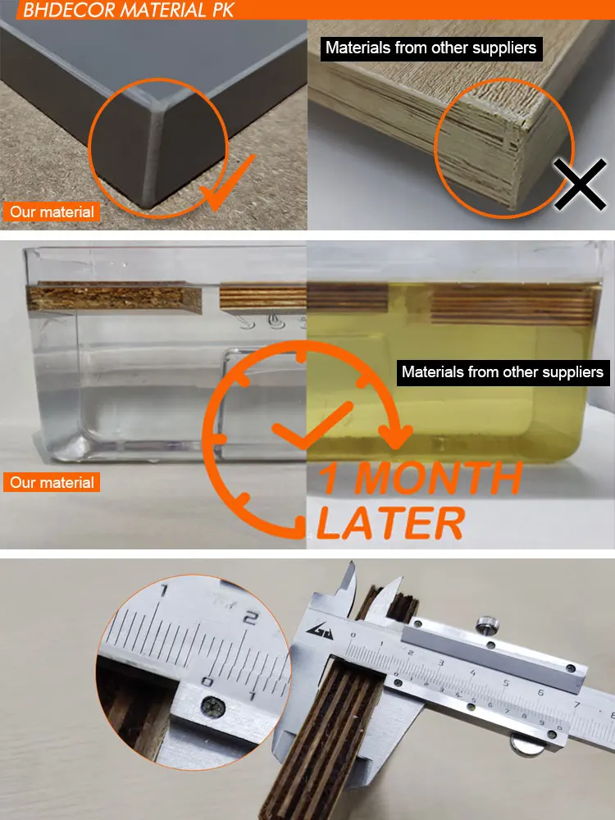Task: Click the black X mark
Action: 581,184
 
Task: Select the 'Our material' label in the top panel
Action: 52,212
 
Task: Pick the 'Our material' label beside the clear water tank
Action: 52,482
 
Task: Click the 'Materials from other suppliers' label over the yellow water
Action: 503,372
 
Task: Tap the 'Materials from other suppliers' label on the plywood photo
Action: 431,48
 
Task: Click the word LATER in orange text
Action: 390,522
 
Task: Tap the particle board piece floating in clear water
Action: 115,298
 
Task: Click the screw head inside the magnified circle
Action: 213,708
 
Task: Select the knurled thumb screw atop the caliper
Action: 487,626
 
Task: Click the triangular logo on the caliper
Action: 320,631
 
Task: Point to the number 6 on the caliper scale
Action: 540,693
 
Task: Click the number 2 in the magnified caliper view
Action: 251,618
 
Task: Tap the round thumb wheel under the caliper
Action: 527,745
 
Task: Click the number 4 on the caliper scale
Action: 473,672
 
